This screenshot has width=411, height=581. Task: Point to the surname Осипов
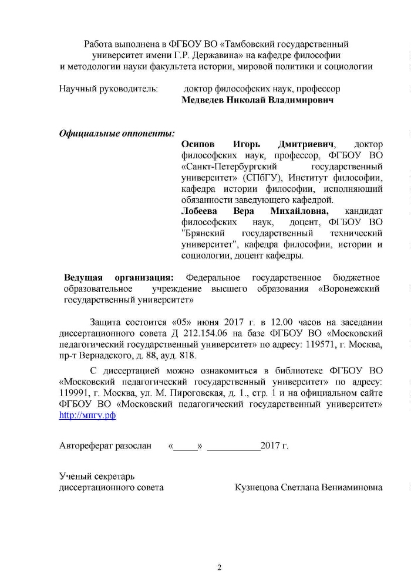point(198,144)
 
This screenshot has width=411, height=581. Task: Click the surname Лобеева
point(199,211)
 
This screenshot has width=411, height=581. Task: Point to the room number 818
point(191,355)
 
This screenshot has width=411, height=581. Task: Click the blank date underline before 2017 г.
point(234,447)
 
